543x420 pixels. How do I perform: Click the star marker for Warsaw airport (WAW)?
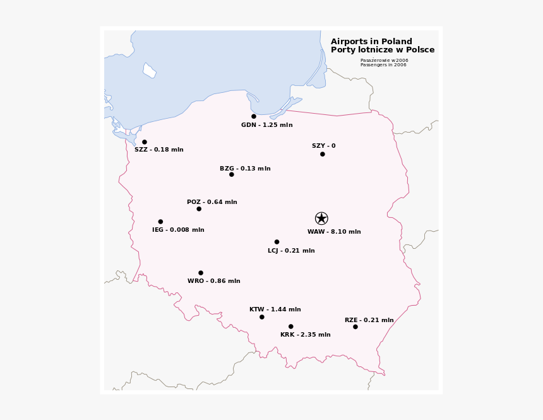(x=321, y=219)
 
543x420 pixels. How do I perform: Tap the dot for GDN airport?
(x=254, y=116)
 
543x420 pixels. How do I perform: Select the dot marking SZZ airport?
(x=145, y=142)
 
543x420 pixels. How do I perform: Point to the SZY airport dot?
(x=323, y=154)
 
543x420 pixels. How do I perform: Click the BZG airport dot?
(x=232, y=174)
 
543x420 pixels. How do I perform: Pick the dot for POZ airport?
(x=199, y=209)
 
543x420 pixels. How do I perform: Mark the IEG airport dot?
(x=160, y=222)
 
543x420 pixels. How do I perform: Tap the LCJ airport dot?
(x=277, y=242)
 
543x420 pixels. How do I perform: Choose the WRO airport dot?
(x=201, y=273)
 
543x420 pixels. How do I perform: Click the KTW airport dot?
(x=262, y=317)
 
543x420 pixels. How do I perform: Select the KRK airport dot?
(x=291, y=327)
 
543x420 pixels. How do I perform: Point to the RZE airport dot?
(x=355, y=327)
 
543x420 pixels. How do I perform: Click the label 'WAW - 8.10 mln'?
(x=334, y=232)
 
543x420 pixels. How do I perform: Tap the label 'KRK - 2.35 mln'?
(x=305, y=335)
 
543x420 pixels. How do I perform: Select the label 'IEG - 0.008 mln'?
(x=178, y=230)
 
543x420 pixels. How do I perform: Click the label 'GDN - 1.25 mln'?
(x=266, y=125)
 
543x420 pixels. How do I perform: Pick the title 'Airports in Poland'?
(x=371, y=42)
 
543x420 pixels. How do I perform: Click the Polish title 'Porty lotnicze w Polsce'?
(x=383, y=50)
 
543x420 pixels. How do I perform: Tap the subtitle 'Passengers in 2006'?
(x=383, y=65)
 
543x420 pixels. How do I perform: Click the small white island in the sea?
(x=149, y=71)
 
